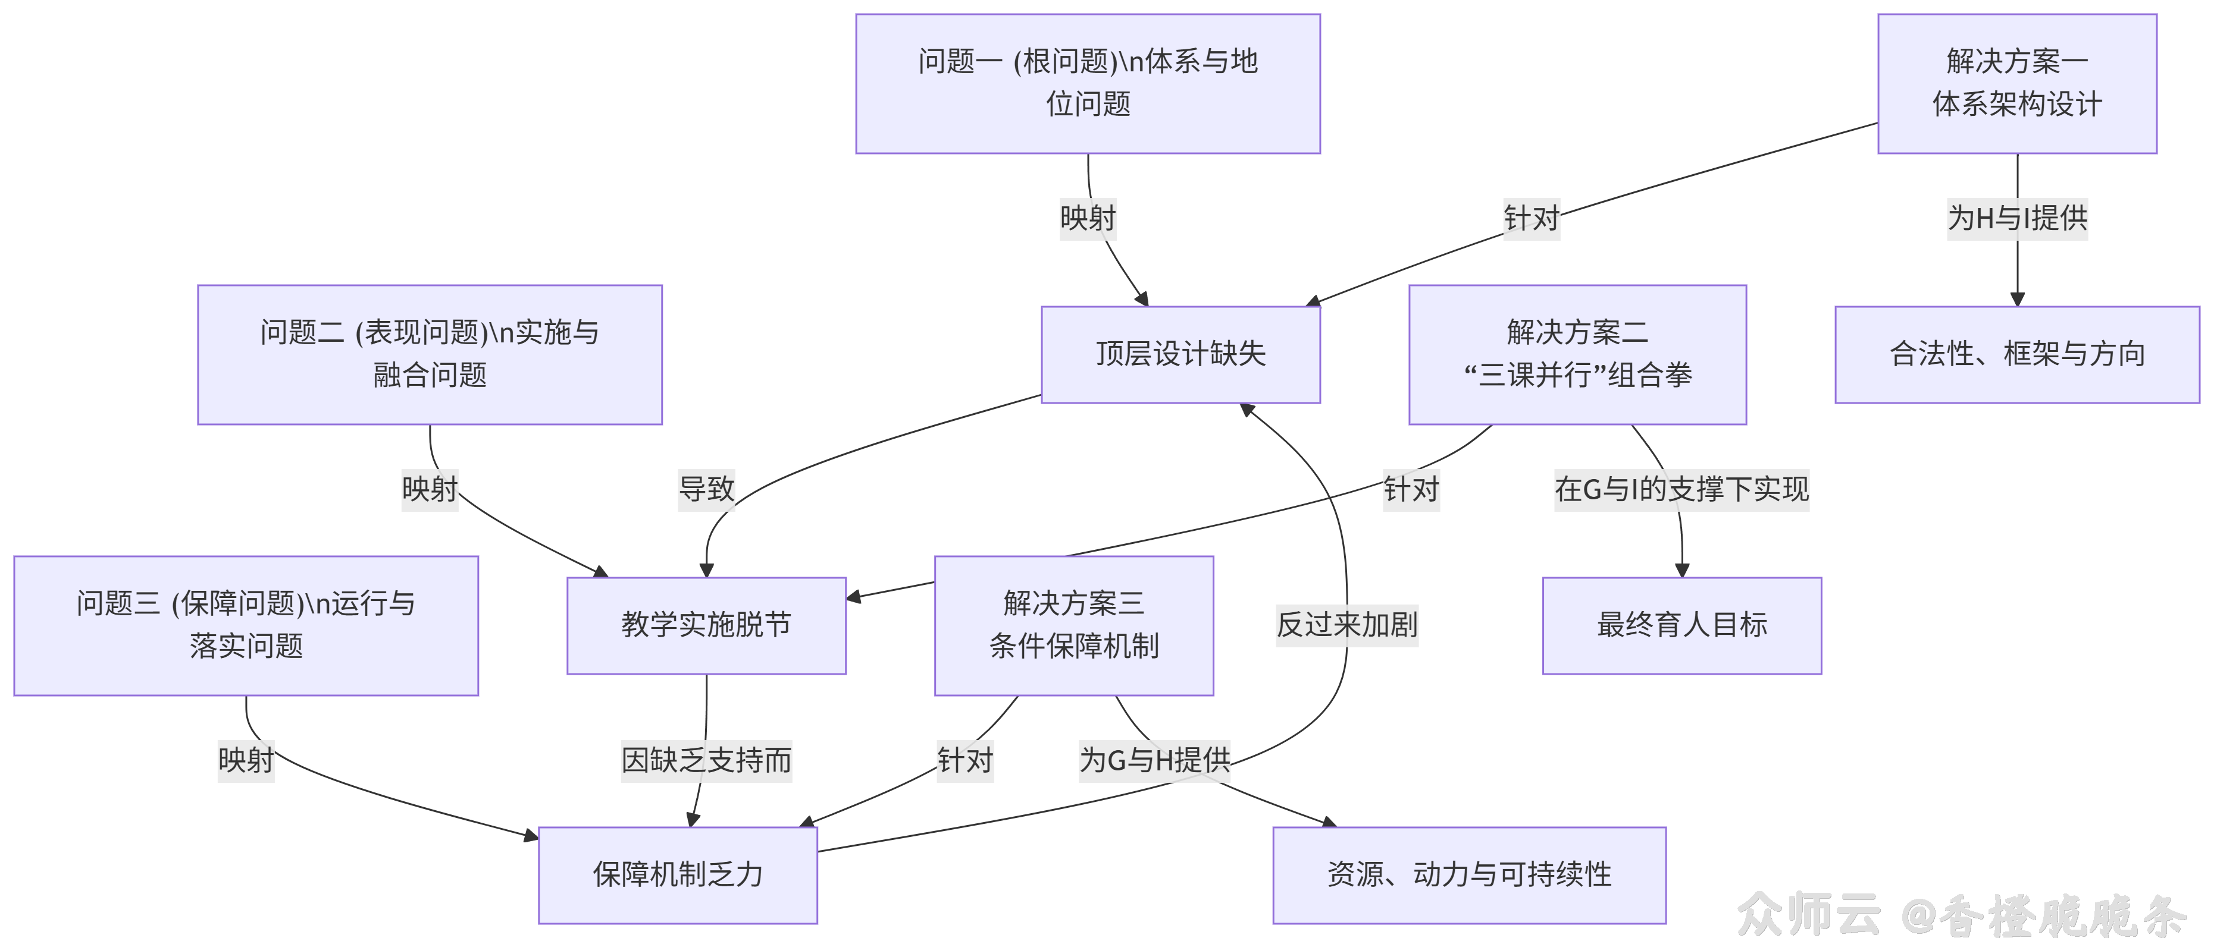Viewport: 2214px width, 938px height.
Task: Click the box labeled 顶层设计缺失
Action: (x=1180, y=354)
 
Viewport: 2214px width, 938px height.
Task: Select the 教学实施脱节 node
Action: (x=706, y=625)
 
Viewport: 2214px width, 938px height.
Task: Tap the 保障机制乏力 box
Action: (x=677, y=874)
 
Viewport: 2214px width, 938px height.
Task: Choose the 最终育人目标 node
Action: (x=1681, y=625)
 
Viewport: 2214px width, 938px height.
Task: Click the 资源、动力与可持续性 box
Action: (x=1469, y=874)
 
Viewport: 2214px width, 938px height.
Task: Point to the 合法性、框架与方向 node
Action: (x=2016, y=354)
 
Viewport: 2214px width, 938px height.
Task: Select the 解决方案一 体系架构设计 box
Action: (x=2016, y=83)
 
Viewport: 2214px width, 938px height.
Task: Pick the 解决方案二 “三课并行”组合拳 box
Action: (x=1577, y=354)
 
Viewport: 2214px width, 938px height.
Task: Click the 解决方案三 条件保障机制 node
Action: (x=1073, y=625)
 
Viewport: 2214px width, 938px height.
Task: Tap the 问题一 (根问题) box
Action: (x=1087, y=83)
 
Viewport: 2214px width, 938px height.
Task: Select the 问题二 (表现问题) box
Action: (x=430, y=354)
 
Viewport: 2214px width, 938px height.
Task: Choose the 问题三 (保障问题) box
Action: (x=246, y=625)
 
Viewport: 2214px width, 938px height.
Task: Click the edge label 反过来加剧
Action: (x=1346, y=625)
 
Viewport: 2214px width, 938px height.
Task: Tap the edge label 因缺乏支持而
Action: (x=706, y=760)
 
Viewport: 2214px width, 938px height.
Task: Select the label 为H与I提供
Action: (x=2016, y=218)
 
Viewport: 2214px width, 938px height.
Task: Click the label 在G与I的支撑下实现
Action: (x=1681, y=490)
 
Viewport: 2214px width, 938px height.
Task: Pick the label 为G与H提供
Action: (x=1154, y=760)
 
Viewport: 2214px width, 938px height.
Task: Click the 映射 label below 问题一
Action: (x=1087, y=218)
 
